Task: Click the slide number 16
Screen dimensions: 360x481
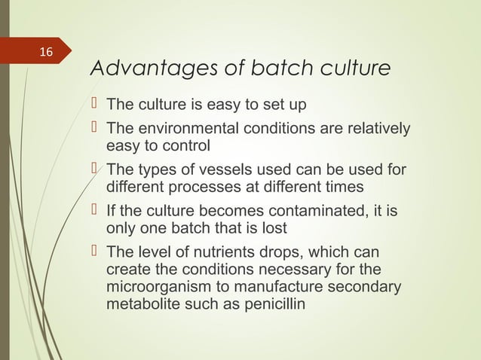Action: (x=47, y=52)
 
